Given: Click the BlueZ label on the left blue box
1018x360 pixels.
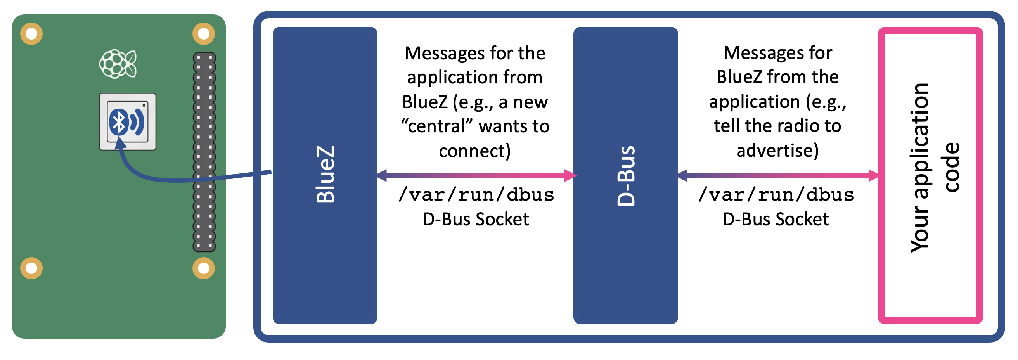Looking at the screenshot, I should [x=325, y=175].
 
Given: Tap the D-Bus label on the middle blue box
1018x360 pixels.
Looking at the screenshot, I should [x=625, y=176].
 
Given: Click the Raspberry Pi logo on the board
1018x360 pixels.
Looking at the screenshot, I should [x=118, y=64].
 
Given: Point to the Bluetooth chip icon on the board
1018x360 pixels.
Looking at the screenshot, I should [x=127, y=122].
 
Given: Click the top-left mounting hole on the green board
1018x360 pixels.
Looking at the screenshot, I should [x=31, y=34].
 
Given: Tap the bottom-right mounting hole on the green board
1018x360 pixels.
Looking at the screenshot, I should [x=204, y=268].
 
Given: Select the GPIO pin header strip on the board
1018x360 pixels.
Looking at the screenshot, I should [x=204, y=152].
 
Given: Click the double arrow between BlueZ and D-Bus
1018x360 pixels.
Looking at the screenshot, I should [x=476, y=175].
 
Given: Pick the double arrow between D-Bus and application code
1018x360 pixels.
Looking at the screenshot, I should [x=778, y=175].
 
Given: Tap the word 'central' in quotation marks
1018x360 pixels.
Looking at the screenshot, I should [x=436, y=126].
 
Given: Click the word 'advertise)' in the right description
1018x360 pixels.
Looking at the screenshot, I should [x=777, y=151].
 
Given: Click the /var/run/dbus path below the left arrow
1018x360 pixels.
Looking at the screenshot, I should [x=476, y=195].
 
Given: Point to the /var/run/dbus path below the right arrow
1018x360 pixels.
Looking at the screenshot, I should [x=776, y=195].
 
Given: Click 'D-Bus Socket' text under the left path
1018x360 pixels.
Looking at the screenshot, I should [x=475, y=219].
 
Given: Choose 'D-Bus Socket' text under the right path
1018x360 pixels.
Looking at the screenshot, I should [x=776, y=219].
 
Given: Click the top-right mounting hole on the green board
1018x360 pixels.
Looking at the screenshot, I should [x=204, y=34].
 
